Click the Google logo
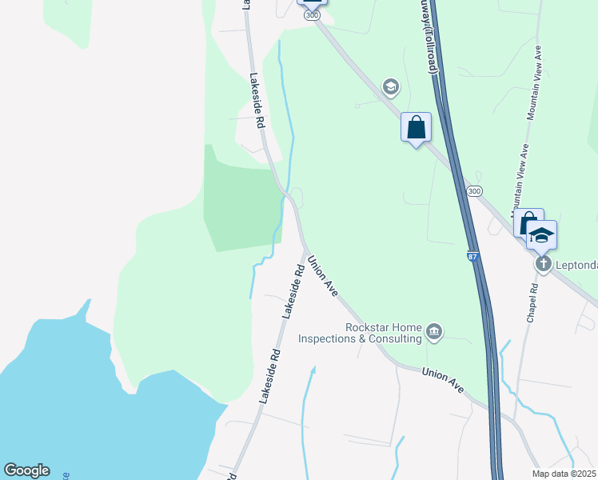coord(26,470)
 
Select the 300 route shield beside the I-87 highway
coord(474,191)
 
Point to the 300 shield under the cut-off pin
coord(313,15)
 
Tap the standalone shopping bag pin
coord(416,127)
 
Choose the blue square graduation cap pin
coord(541,234)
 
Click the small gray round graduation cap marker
coord(390,86)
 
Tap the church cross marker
coord(543,264)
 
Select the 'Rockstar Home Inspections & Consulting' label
coord(360,333)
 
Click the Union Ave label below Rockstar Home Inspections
coord(443,379)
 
